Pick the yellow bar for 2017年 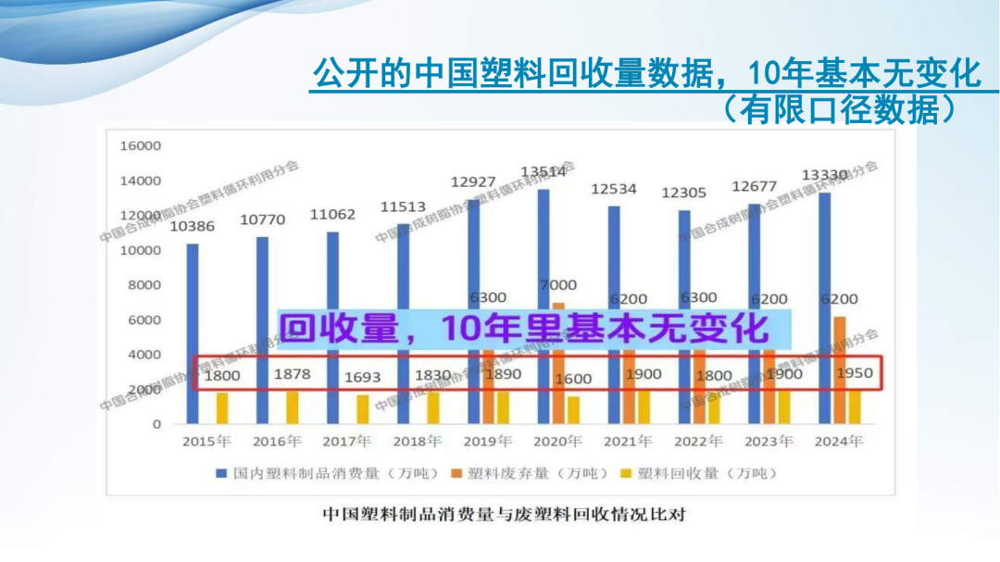click(362, 408)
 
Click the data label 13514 click(544, 172)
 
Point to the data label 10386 click(193, 227)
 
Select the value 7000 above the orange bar click(558, 285)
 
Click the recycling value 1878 click(293, 374)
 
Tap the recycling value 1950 click(854, 373)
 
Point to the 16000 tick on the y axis click(140, 146)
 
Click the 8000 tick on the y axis click(144, 285)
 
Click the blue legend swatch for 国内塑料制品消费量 click(221, 473)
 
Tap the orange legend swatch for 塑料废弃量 click(456, 473)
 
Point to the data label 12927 click(473, 182)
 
